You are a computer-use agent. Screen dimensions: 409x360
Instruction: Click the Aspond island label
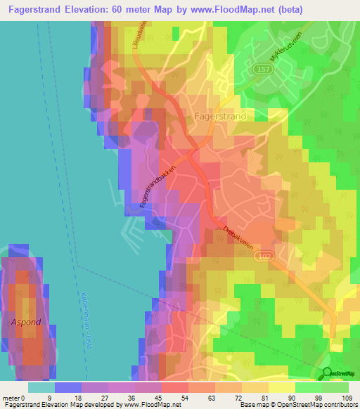point(26,322)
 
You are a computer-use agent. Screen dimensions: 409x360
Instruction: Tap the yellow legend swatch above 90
point(283,387)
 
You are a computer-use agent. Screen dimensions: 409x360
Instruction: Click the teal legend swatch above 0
point(41,387)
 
